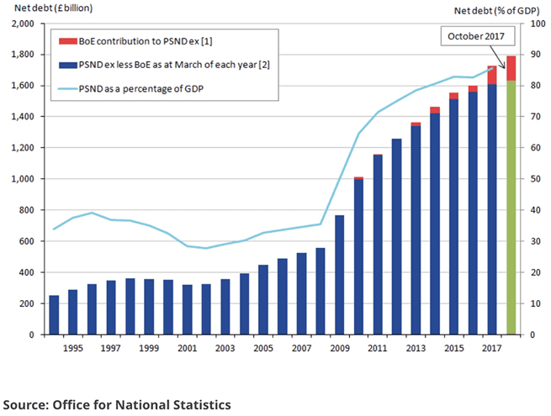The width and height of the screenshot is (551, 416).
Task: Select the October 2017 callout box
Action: [475, 36]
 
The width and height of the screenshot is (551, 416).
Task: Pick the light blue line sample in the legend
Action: [67, 87]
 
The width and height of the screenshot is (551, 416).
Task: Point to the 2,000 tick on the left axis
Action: [22, 24]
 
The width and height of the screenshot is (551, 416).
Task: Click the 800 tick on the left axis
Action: [27, 210]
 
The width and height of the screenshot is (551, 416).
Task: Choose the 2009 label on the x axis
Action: [340, 347]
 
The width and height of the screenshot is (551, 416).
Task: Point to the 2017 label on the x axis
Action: [491, 347]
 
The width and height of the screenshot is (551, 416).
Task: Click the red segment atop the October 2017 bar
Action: [511, 68]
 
